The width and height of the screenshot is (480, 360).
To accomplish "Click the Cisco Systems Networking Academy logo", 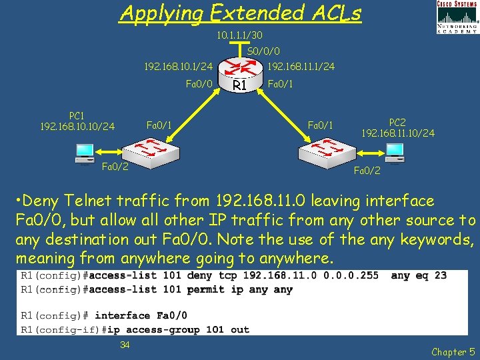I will click(457, 17).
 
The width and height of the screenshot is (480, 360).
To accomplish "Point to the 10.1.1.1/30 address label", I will click(239, 35).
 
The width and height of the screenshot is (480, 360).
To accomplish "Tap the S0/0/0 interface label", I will click(263, 51).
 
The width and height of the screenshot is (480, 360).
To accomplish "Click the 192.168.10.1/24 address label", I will click(179, 66).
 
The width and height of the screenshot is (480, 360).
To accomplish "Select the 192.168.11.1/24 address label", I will click(301, 66).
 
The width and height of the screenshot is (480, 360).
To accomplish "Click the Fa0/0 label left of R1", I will click(198, 83).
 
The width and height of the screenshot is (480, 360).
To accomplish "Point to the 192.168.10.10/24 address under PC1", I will click(77, 125).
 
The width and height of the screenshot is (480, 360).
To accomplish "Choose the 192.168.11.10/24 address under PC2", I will click(398, 133).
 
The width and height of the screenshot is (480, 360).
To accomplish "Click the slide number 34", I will click(125, 344).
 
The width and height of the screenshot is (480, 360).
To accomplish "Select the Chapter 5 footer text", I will click(453, 351).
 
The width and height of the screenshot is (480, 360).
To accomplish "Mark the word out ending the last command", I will click(239, 329).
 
